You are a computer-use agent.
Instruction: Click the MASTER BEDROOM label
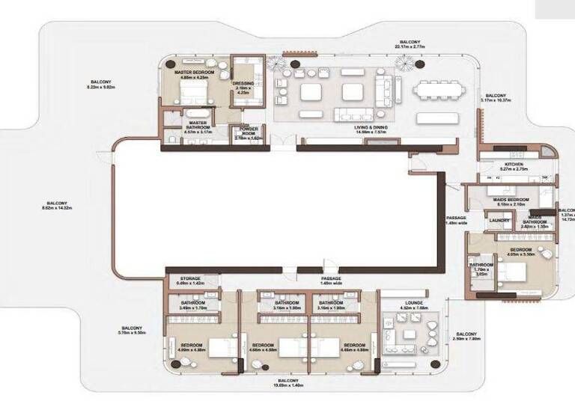click(194, 73)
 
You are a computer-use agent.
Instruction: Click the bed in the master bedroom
click(193, 95)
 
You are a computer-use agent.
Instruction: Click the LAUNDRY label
click(499, 221)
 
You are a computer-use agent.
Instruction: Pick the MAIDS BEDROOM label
click(511, 200)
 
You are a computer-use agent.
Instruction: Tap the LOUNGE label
click(413, 302)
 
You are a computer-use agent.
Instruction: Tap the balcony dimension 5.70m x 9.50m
click(132, 331)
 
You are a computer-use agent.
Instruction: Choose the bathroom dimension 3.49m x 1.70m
click(192, 307)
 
